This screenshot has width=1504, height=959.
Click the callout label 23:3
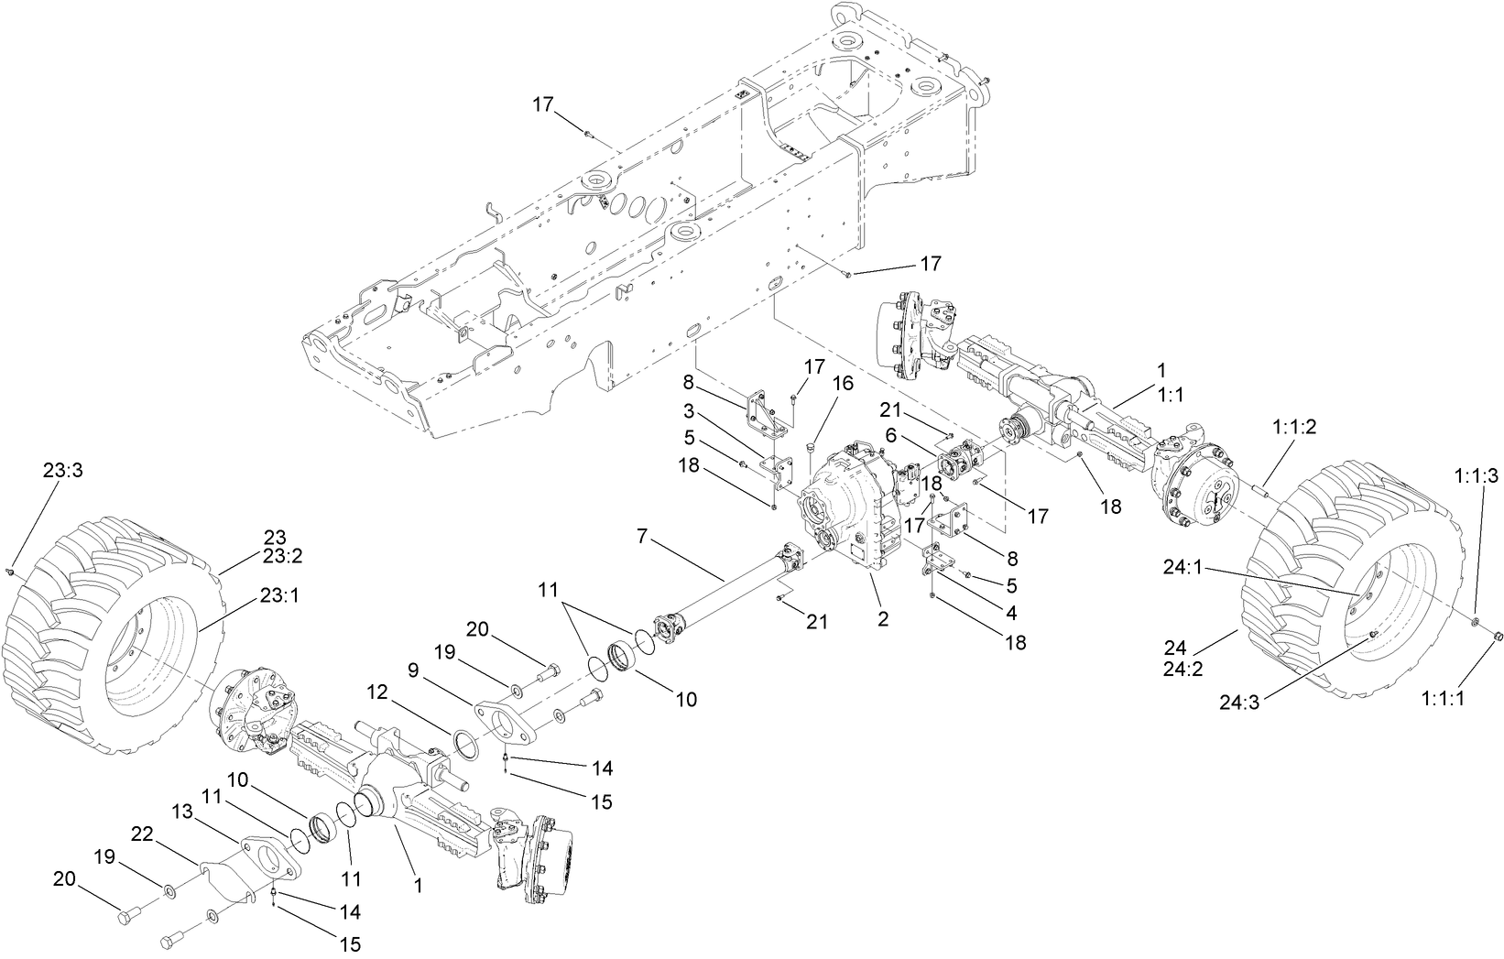[62, 470]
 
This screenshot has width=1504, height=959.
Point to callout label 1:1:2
[1295, 427]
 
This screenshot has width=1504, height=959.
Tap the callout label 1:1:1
[1444, 698]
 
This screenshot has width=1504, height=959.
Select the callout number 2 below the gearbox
[883, 618]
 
